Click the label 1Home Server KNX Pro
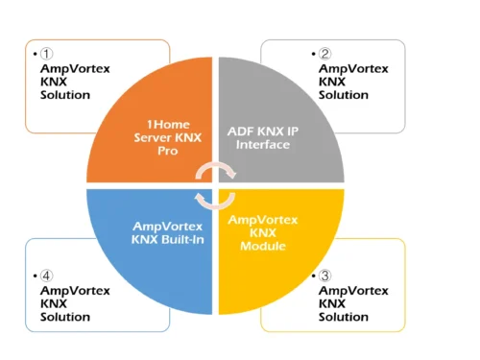(169, 136)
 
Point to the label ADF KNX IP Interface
(262, 136)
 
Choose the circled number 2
(325, 54)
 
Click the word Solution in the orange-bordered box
(65, 95)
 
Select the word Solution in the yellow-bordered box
(344, 317)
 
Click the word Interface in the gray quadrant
(261, 144)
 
